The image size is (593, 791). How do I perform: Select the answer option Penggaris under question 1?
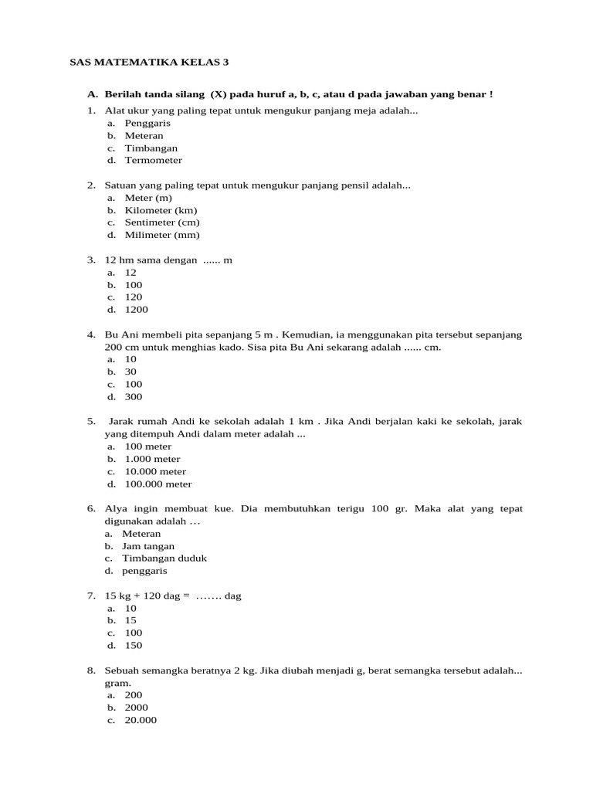click(147, 123)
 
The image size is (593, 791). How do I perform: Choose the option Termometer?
click(154, 160)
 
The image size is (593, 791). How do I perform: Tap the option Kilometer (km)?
click(161, 210)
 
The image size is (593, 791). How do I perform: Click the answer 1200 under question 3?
click(136, 310)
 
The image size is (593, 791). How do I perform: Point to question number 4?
click(91, 334)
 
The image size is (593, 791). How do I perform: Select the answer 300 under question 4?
click(134, 397)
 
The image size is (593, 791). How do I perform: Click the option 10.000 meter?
click(155, 471)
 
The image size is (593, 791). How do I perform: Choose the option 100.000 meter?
click(158, 484)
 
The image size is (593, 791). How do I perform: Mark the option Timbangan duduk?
click(164, 558)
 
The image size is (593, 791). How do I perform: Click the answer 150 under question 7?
click(134, 646)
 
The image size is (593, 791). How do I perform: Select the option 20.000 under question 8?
click(141, 720)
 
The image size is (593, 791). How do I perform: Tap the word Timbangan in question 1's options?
click(151, 148)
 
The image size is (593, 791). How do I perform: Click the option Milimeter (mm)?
click(162, 235)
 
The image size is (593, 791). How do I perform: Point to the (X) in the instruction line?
click(219, 94)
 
